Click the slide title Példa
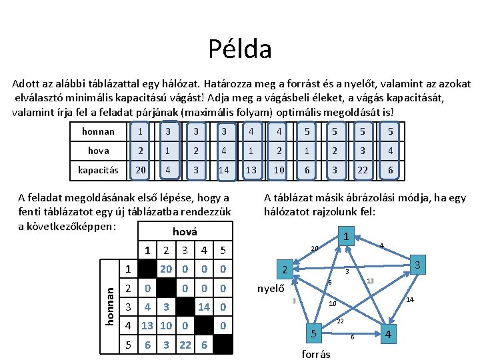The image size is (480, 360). [x=239, y=49]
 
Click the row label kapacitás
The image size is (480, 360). [x=98, y=170]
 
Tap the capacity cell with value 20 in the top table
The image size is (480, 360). [x=140, y=170]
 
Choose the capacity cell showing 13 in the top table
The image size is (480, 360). [x=252, y=170]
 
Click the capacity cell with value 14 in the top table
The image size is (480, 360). [x=224, y=170]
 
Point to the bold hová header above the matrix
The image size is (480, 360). [x=185, y=231]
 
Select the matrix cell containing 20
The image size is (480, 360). [x=166, y=269]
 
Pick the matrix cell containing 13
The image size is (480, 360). [x=147, y=325]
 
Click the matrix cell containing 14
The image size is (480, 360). [x=204, y=307]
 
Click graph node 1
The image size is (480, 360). [x=346, y=237]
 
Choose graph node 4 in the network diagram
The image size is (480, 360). [x=389, y=333]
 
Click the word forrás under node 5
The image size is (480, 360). [x=315, y=354]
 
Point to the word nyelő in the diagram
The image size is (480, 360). [x=271, y=289]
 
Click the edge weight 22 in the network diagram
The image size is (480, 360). [x=340, y=321]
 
